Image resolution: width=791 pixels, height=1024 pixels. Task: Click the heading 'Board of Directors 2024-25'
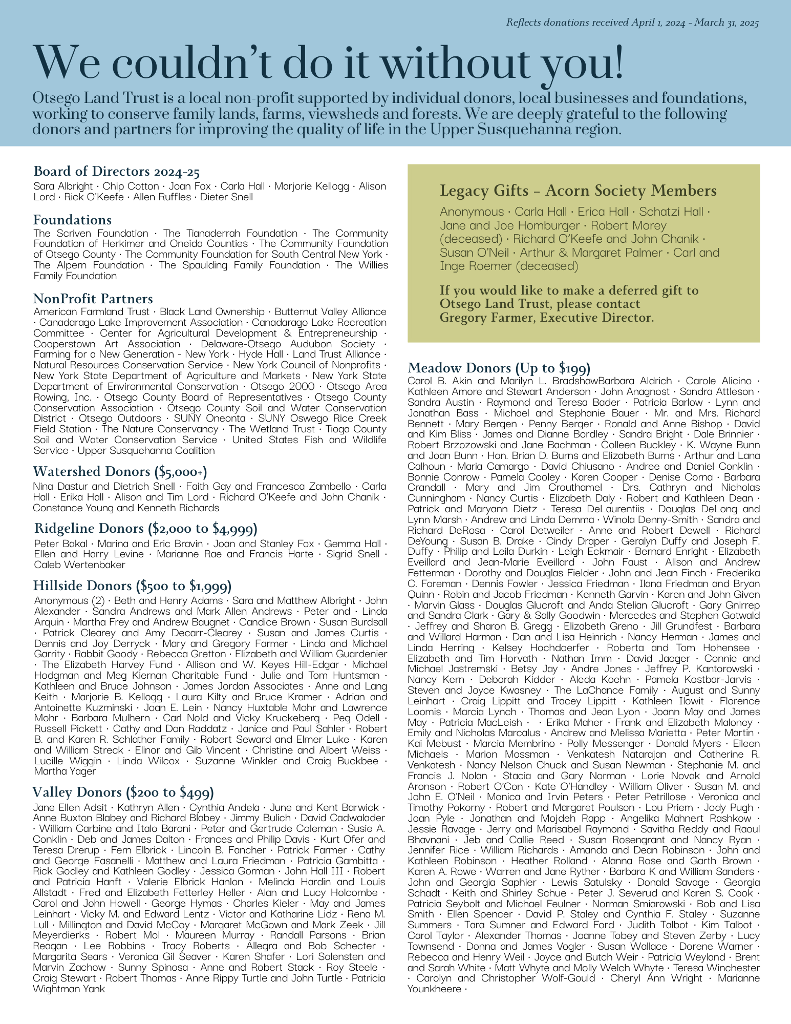[x=116, y=171]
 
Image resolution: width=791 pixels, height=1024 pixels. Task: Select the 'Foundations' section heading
[x=72, y=220]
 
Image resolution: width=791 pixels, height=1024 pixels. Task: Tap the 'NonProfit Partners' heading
[x=93, y=299]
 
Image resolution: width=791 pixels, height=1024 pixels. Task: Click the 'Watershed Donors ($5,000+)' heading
[x=120, y=472]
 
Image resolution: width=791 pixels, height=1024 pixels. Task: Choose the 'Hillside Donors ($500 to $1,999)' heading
[x=132, y=586]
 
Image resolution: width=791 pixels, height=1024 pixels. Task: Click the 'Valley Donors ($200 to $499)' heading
[x=123, y=792]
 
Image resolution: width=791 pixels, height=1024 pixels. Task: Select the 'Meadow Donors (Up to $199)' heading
[x=499, y=368]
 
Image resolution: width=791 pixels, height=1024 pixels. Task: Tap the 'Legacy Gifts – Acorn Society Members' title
[x=578, y=191]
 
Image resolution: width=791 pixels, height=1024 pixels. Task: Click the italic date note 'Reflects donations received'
[x=632, y=23]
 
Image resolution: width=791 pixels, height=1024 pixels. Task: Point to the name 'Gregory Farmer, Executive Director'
[x=546, y=318]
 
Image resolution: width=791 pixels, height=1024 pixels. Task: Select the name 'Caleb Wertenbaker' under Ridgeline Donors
[x=80, y=565]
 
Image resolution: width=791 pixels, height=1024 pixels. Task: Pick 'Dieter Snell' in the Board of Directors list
[x=226, y=197]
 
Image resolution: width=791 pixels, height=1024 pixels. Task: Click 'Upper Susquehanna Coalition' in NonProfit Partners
[x=146, y=451]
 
